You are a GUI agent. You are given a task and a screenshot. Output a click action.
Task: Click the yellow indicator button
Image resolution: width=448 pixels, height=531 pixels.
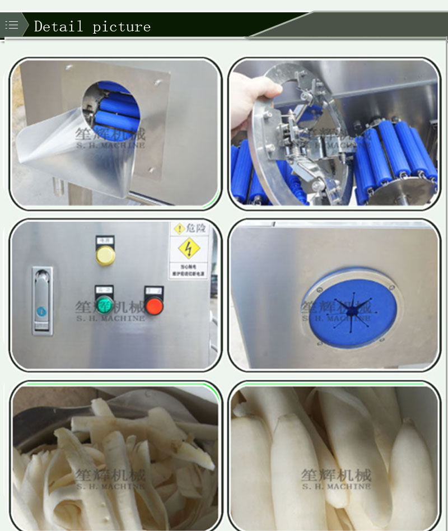pyautogui.click(x=105, y=255)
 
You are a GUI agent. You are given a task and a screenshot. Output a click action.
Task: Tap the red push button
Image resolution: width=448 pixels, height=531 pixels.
pyautogui.click(x=154, y=305)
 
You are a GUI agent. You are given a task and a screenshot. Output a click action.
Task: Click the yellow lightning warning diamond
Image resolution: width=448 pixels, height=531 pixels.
pyautogui.click(x=189, y=248)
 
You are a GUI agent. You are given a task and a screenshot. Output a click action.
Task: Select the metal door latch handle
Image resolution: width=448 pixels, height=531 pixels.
pyautogui.click(x=42, y=300)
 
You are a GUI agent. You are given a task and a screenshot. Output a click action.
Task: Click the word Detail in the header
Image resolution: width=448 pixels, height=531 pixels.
pyautogui.click(x=58, y=26)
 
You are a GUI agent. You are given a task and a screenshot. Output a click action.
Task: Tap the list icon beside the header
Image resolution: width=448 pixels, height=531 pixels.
pyautogui.click(x=12, y=25)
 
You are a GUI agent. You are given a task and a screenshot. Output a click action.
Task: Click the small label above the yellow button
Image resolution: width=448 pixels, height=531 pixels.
pyautogui.click(x=105, y=240)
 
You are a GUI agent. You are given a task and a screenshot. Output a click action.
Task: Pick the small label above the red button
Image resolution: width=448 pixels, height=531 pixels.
pyautogui.click(x=154, y=290)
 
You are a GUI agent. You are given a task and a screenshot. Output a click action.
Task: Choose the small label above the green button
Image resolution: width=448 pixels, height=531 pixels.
pyautogui.click(x=104, y=290)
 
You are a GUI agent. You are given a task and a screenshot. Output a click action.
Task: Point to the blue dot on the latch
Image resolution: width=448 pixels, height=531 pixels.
pyautogui.click(x=40, y=311)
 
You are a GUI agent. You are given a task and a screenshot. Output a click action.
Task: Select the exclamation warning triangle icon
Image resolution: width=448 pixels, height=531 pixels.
pyautogui.click(x=179, y=229)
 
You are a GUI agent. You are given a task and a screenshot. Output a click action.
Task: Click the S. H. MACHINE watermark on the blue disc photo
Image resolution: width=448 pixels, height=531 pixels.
pyautogui.click(x=336, y=318)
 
